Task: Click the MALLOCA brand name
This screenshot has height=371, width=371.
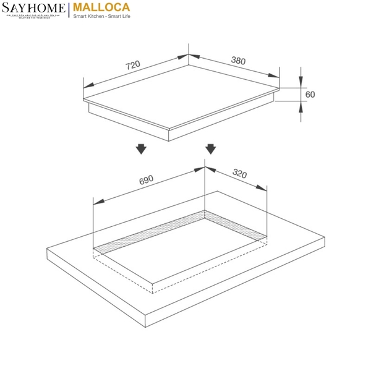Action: pos(103,8)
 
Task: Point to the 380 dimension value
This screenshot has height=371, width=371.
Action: pos(238,61)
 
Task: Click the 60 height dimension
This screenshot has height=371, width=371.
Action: pos(310,94)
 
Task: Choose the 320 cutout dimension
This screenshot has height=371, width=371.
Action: pos(239,174)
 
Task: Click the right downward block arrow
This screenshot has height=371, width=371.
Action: pos(210,149)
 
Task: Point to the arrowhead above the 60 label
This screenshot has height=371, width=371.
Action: pos(301,83)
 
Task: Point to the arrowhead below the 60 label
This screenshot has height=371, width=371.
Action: pos(301,106)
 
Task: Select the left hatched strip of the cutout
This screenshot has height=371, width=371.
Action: pos(148,233)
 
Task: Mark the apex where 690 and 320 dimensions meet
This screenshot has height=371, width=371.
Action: pos(205,168)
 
